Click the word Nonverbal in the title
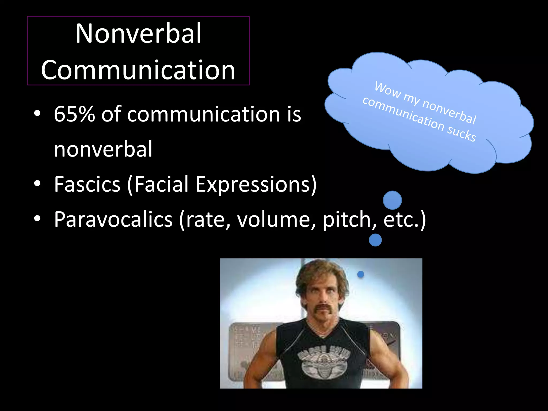tap(138, 33)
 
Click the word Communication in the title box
tap(138, 70)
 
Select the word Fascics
tap(87, 184)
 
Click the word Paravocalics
tap(113, 219)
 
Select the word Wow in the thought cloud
tap(388, 90)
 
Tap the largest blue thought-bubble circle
tap(392, 200)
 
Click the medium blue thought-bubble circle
tap(375, 240)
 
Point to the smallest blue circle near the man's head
tap(361, 274)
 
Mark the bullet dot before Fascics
tap(37, 184)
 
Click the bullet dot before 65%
tap(37, 113)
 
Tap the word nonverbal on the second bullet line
tap(103, 149)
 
